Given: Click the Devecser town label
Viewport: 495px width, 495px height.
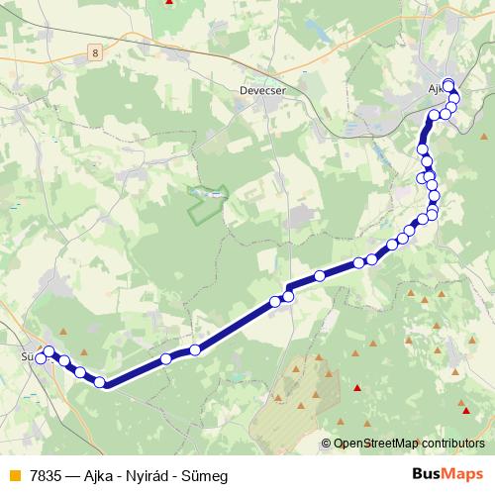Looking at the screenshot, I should (261, 88).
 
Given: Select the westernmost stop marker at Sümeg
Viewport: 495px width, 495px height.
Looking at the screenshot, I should (41, 358).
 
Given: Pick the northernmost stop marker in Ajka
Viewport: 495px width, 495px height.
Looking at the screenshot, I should (448, 83).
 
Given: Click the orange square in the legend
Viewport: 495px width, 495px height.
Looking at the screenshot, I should (12, 476).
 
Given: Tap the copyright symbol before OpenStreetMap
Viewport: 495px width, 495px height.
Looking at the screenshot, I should (327, 444).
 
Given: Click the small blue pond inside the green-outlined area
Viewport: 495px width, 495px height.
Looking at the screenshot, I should (211, 195).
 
